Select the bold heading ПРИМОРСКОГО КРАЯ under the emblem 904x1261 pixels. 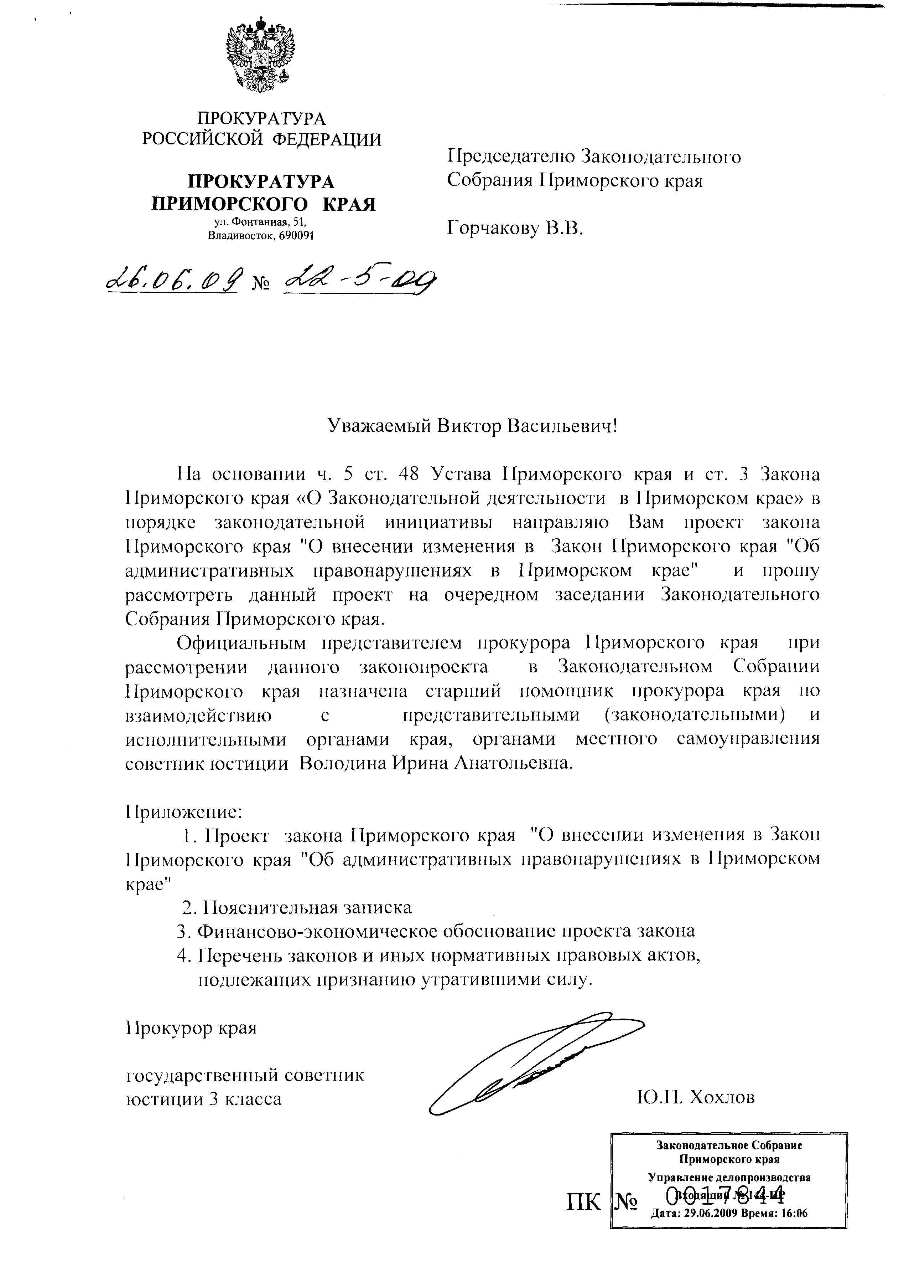[263, 204]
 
